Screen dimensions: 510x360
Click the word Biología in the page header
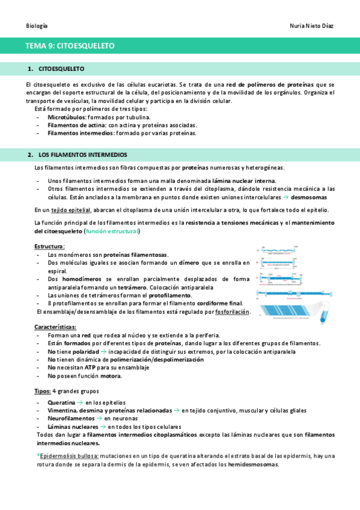pos(37,26)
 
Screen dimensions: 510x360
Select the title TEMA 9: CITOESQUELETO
pos(70,46)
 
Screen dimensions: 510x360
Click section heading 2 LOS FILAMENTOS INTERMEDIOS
pos(82,155)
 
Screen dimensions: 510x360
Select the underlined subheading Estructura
pos(50,247)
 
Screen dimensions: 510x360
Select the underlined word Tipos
pos(42,391)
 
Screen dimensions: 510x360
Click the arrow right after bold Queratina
pos(81,402)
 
